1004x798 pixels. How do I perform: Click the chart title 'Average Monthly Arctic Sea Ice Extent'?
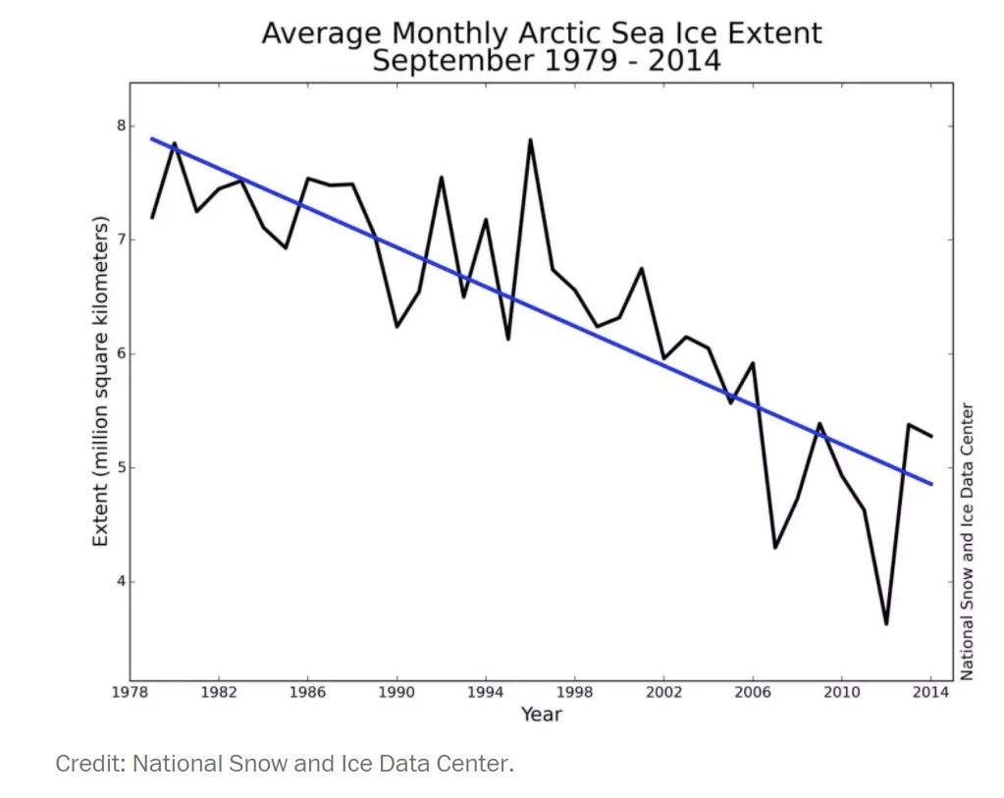pyautogui.click(x=541, y=33)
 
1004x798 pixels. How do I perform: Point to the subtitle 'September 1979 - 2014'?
pyautogui.click(x=547, y=61)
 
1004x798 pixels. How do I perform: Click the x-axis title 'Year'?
pyautogui.click(x=541, y=715)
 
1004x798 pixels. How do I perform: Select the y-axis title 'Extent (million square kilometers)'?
pyautogui.click(x=100, y=383)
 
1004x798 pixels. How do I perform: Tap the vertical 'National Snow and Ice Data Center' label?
pyautogui.click(x=968, y=540)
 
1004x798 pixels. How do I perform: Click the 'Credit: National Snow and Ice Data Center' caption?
pyautogui.click(x=285, y=764)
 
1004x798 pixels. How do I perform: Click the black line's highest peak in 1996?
pyautogui.click(x=530, y=139)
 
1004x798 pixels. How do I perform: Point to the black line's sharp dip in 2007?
pyautogui.click(x=775, y=548)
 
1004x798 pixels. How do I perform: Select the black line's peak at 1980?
pyautogui.click(x=175, y=143)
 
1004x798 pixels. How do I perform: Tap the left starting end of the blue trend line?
pyautogui.click(x=152, y=138)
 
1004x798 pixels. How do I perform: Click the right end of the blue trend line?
pyautogui.click(x=931, y=484)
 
